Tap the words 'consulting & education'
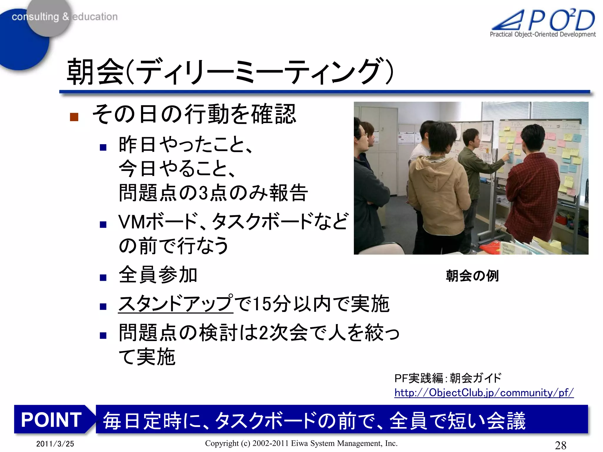64,17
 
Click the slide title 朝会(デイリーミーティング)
230,72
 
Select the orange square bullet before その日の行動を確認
74,117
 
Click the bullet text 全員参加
158,275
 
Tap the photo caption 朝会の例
472,276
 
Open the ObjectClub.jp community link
484,393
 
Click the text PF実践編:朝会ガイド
448,378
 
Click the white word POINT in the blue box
52,420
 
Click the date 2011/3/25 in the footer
55,444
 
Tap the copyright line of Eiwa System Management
301,443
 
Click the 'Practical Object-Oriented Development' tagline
542,34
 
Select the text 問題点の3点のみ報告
213,193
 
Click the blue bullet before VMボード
103,225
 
